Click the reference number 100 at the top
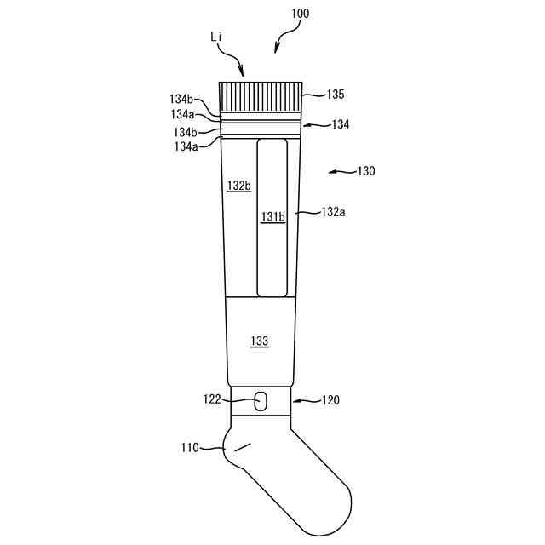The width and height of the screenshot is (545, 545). [300, 14]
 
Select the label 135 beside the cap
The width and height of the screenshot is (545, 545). [335, 95]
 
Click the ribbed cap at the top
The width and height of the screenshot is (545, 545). [261, 95]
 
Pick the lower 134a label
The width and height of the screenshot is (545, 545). [185, 146]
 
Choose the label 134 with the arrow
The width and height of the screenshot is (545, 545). [341, 124]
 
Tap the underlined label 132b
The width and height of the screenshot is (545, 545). [238, 186]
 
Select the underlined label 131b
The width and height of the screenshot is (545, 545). [272, 217]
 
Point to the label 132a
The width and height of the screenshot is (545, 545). [332, 211]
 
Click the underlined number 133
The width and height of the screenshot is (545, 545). [260, 341]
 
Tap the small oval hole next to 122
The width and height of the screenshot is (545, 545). [261, 399]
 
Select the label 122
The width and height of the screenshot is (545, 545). [212, 399]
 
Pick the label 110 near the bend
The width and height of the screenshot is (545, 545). [190, 446]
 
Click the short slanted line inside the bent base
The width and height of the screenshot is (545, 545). [244, 446]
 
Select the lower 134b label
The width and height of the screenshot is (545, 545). [185, 132]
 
